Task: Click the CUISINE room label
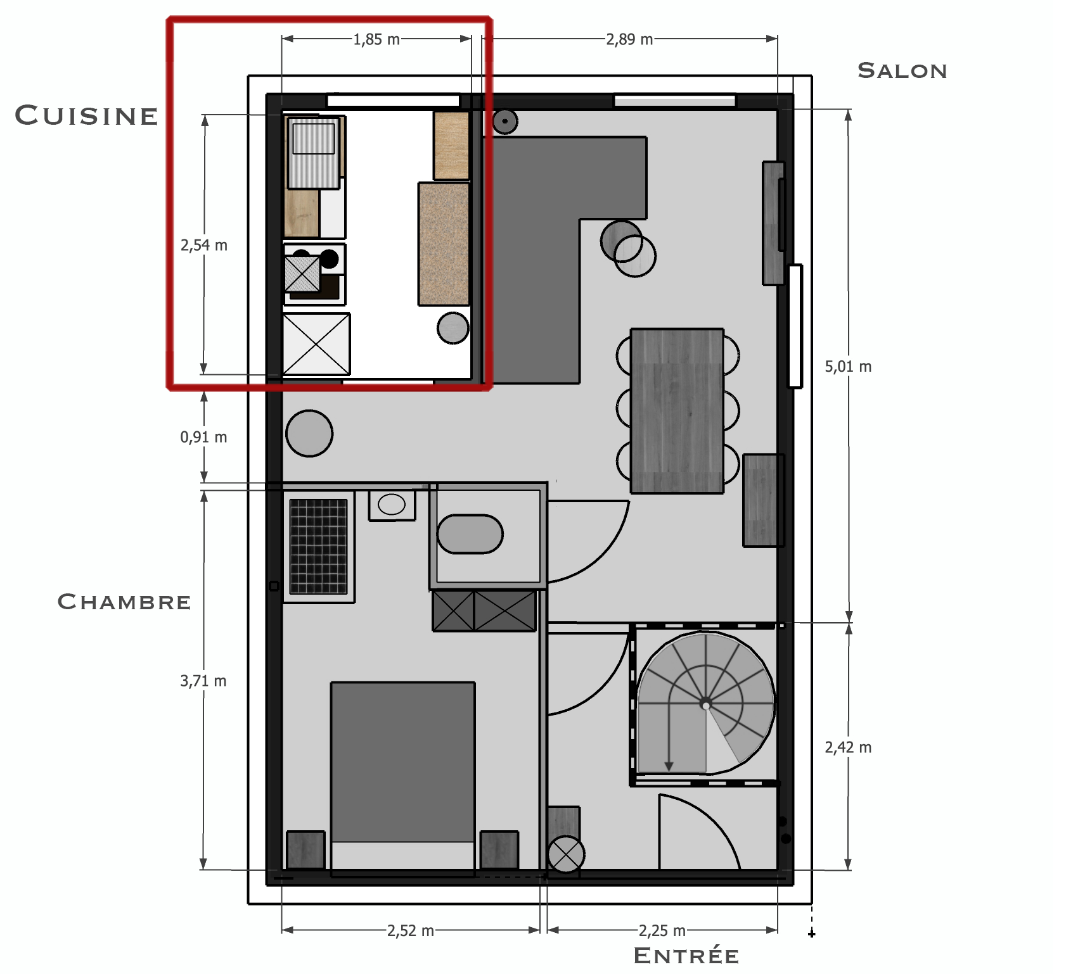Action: point(86,115)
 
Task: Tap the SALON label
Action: point(902,70)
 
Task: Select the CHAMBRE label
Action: point(124,601)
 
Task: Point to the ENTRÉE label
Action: point(686,955)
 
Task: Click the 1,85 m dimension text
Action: point(376,39)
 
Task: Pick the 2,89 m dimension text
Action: point(629,39)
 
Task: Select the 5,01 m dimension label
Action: point(848,366)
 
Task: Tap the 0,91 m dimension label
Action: point(203,437)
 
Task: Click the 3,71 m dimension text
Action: point(203,681)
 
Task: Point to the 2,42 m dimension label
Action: point(848,747)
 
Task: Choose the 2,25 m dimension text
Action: point(662,930)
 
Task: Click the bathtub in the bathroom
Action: point(470,534)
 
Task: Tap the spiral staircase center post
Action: point(706,704)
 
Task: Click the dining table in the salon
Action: point(677,410)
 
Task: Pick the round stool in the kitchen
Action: point(453,328)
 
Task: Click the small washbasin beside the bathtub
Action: point(392,505)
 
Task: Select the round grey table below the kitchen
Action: point(309,433)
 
